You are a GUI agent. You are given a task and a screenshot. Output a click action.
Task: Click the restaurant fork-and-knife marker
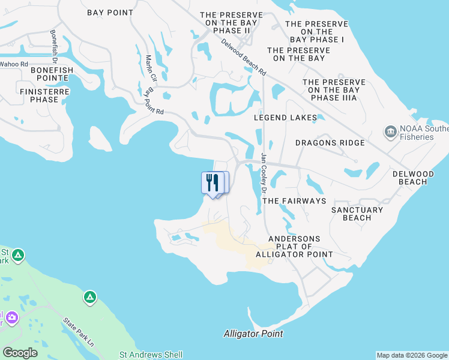pos(212,182)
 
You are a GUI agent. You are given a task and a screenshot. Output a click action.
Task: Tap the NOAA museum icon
pos(390,131)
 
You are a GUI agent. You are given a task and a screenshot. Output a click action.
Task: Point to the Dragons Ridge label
pos(330,143)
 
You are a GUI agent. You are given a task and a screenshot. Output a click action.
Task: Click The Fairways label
pos(294,201)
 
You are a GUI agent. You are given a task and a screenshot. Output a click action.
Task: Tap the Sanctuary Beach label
pos(357,214)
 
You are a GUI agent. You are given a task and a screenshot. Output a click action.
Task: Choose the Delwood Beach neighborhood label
pos(418,177)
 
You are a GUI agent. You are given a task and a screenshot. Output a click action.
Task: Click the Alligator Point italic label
pos(253,334)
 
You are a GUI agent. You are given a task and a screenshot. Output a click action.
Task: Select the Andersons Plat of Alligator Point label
pos(294,247)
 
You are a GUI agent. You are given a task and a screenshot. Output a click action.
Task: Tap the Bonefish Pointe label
pos(44,74)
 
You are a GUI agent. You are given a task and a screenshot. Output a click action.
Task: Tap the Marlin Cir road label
pos(151,69)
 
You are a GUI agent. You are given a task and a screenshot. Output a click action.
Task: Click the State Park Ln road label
pos(79,332)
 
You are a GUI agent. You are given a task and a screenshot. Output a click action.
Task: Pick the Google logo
pos(20,353)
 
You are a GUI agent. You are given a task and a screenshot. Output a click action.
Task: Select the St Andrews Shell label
pos(151,355)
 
